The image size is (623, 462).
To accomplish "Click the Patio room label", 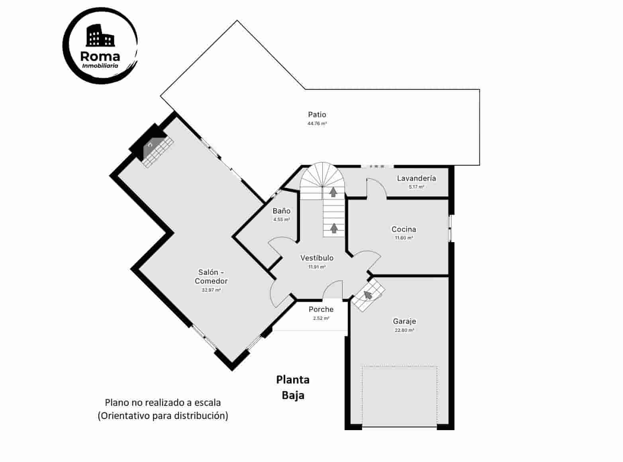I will (x=317, y=115).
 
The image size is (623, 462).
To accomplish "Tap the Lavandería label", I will (x=416, y=178).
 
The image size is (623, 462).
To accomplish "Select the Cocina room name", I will (x=404, y=229).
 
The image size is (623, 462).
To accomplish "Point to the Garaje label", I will (x=404, y=321).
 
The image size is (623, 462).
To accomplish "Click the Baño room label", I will (x=281, y=211).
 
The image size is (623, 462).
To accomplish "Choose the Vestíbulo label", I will (x=317, y=258).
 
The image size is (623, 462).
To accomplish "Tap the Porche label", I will (x=321, y=309).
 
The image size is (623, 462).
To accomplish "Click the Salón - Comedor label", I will (x=211, y=276).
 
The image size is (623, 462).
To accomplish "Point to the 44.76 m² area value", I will (x=317, y=124).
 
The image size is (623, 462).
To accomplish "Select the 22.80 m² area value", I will (x=404, y=330).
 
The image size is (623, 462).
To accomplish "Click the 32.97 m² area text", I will (x=211, y=290).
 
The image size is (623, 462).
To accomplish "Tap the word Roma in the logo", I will (x=100, y=56).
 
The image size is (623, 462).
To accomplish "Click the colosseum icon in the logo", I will (x=100, y=36).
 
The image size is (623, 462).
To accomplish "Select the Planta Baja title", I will (x=293, y=387).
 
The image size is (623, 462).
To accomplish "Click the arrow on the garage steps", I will (x=368, y=295).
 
